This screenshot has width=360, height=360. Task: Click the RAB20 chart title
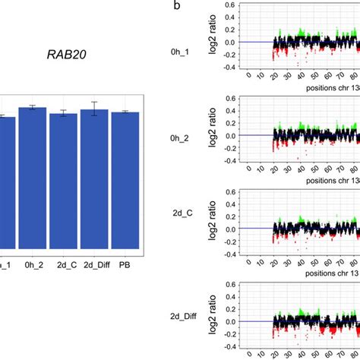pos(66,55)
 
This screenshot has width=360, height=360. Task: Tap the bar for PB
pos(125,179)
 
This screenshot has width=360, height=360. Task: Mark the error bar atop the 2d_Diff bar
pos(94,109)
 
